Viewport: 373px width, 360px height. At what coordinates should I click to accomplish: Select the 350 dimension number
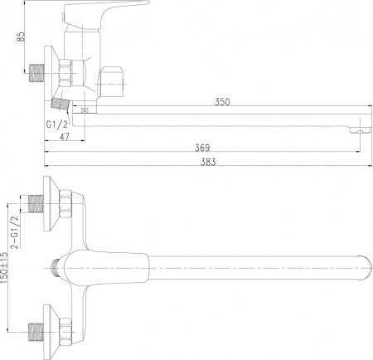coord(221,102)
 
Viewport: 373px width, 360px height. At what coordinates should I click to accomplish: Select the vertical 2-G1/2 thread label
coord(13,231)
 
